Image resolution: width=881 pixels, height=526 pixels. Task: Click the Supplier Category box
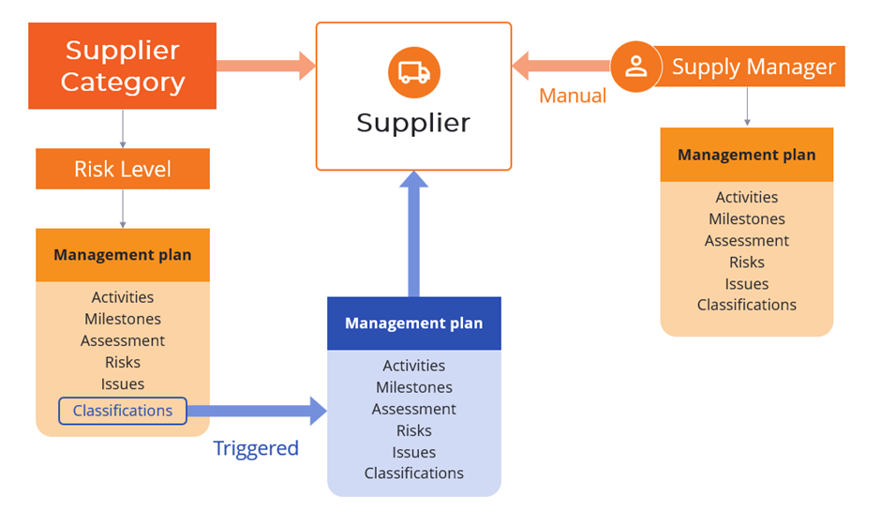point(123,66)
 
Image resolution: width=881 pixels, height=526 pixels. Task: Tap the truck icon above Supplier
point(413,73)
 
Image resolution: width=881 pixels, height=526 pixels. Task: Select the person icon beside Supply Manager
point(636,67)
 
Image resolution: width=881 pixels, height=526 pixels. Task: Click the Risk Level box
point(123,169)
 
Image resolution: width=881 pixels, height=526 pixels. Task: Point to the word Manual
point(572,96)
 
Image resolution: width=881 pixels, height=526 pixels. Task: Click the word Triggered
point(256,448)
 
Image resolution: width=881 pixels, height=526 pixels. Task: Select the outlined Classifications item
point(123,411)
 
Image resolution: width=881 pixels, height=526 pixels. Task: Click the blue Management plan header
point(413,323)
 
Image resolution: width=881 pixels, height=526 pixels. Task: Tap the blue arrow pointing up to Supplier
point(413,234)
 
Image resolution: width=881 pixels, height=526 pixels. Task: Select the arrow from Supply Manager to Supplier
point(560,66)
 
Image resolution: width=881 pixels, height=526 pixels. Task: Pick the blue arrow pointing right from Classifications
point(256,411)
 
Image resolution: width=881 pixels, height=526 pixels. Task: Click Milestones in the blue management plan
point(413,387)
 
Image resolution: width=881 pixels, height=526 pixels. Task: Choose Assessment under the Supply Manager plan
point(747,241)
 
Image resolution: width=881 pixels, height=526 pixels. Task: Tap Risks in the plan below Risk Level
point(123,362)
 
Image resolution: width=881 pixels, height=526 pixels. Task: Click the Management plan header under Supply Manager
point(747,155)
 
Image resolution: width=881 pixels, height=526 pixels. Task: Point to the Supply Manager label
point(754,68)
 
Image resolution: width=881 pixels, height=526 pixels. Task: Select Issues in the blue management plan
point(413,452)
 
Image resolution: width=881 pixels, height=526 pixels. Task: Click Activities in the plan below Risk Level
point(123,297)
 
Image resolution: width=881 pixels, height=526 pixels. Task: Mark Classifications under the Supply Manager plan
point(747,305)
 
